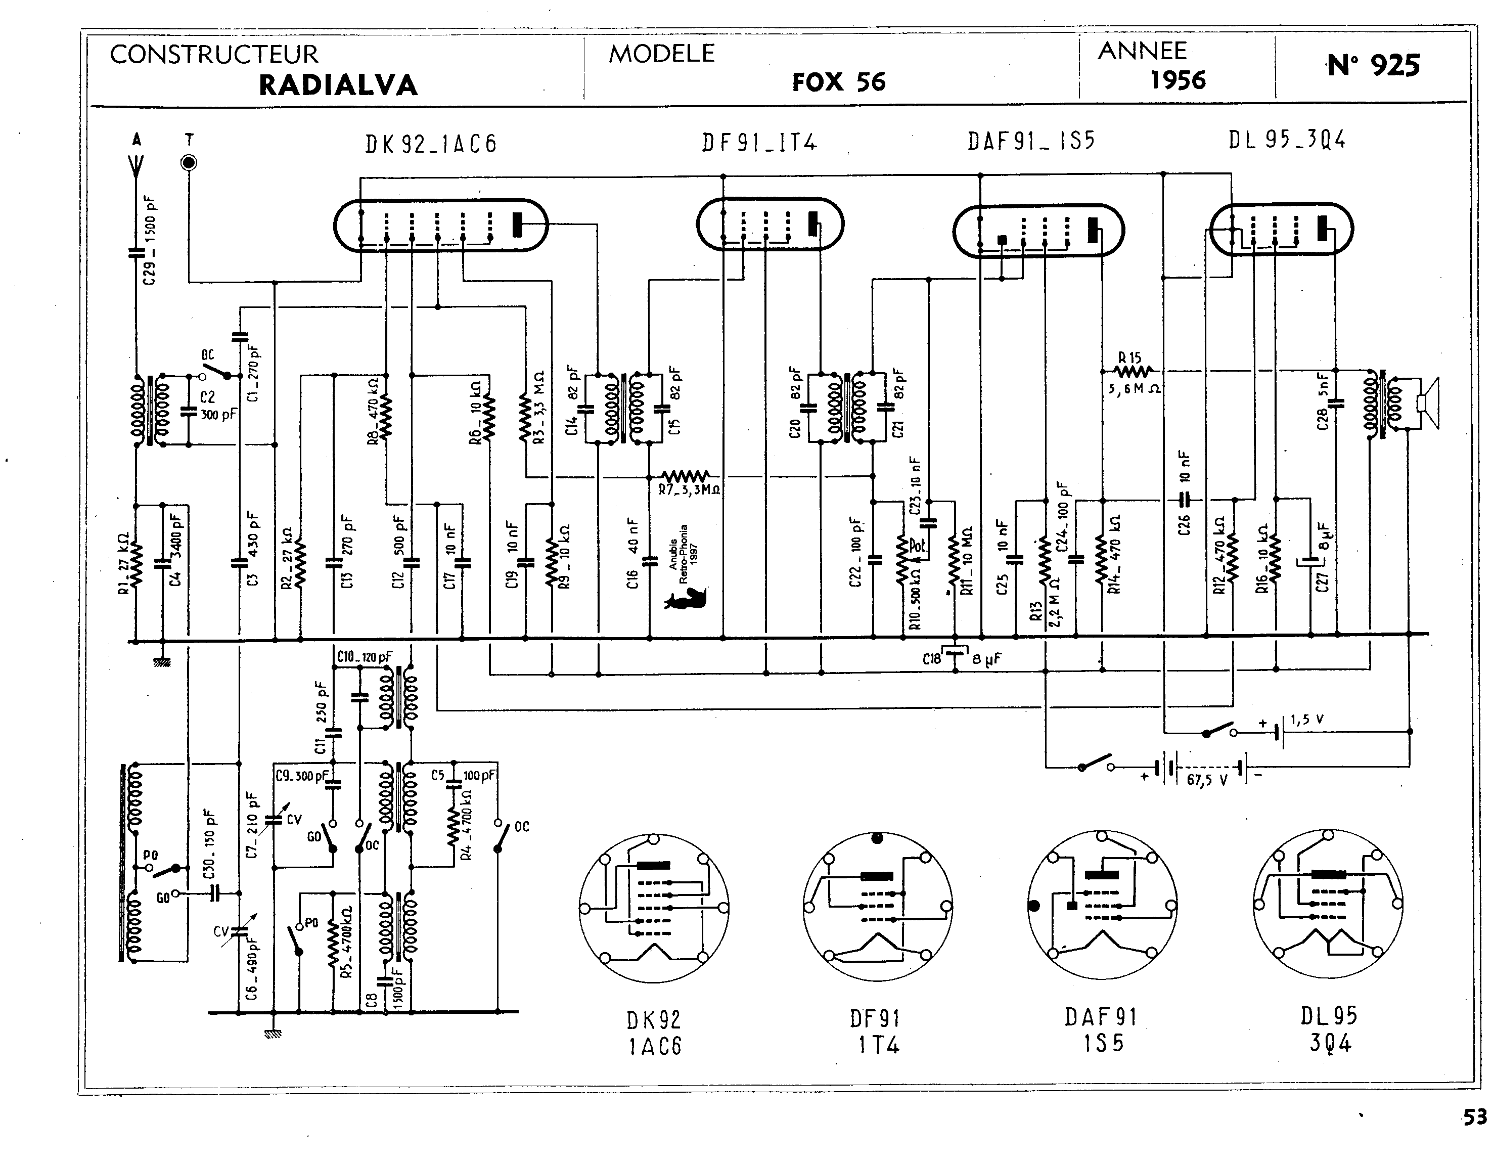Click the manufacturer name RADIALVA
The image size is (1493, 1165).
pos(338,85)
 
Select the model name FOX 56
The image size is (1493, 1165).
pos(839,82)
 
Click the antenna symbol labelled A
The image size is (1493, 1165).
pos(136,164)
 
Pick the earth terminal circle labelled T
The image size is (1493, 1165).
pos(189,163)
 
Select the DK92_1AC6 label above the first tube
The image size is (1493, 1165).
pos(431,144)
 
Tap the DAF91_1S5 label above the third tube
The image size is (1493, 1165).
pos(1031,141)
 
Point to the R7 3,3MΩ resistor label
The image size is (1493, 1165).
pos(689,489)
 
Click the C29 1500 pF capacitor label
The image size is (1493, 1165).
pos(150,240)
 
